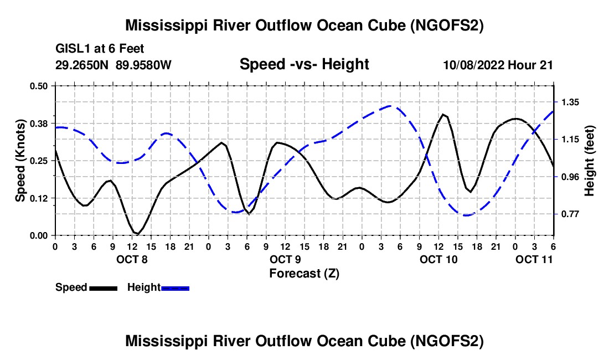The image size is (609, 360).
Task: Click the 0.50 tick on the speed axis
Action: tap(38, 86)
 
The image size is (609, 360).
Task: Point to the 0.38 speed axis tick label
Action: tap(38, 124)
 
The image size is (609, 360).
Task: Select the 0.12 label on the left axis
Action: tap(38, 198)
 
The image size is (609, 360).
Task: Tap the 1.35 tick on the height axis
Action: tap(570, 102)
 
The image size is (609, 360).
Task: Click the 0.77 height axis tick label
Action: tap(570, 214)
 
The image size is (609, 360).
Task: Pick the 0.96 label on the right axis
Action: tap(570, 177)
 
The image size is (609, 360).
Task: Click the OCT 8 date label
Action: tap(132, 259)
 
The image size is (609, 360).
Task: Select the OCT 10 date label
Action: tap(438, 259)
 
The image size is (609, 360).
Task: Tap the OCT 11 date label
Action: tap(534, 259)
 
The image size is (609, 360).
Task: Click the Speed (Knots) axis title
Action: tap(20, 161)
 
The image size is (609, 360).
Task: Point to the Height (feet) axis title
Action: tap(589, 161)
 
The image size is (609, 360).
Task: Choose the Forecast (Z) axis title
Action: tap(304, 274)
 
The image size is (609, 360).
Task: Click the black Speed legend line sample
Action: tap(104, 288)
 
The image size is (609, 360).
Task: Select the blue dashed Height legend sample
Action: tap(175, 288)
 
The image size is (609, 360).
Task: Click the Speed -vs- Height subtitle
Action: tap(304, 64)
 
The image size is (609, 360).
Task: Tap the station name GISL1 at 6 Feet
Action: tap(100, 49)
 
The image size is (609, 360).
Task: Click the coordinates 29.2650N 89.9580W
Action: tap(113, 65)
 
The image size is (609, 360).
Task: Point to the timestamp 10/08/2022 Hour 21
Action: tap(498, 65)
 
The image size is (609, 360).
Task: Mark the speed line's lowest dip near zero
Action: tap(137, 234)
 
